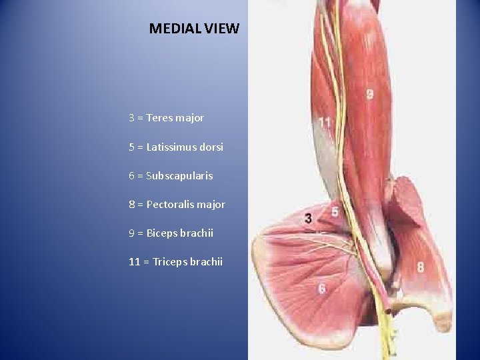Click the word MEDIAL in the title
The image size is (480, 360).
[173, 29]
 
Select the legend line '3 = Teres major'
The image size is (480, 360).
[166, 118]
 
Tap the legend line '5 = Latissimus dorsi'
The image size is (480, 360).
[176, 147]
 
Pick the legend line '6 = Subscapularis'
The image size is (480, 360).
[171, 176]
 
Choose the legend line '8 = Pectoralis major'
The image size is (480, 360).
[177, 205]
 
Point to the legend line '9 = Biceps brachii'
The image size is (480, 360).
[171, 233]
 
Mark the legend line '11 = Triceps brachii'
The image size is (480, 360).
[175, 262]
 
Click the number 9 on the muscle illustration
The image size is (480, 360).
[369, 95]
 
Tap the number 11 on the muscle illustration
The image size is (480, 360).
[325, 122]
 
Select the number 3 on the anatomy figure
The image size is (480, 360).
[308, 218]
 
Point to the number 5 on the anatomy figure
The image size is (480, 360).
[335, 212]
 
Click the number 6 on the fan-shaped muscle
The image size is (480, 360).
[321, 289]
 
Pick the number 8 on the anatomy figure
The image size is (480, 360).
[420, 267]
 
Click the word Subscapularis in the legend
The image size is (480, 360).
[179, 176]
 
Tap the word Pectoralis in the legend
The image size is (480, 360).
[169, 205]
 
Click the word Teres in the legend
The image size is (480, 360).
[159, 118]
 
